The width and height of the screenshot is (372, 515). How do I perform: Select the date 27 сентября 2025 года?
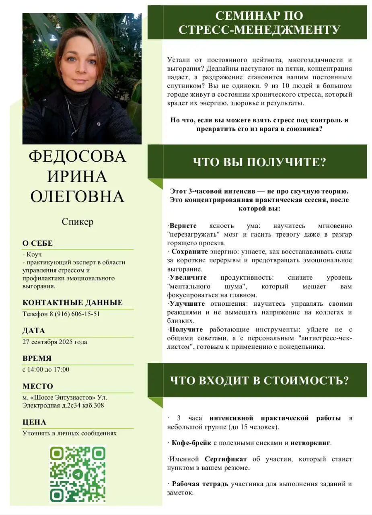(x=55, y=342)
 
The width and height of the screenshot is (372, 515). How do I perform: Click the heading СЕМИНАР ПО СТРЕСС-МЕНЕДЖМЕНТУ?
(x=259, y=23)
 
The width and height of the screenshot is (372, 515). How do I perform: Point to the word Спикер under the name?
(x=78, y=222)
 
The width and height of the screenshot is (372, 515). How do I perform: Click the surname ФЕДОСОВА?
(x=78, y=156)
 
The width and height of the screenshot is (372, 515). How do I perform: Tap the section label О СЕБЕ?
(x=38, y=243)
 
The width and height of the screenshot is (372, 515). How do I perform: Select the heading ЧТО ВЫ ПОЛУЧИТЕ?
(x=259, y=162)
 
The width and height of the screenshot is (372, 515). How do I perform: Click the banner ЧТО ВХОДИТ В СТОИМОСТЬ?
(x=259, y=380)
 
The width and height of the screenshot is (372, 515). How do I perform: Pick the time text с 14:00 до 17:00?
(x=46, y=369)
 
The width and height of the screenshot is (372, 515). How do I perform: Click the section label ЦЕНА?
(x=35, y=422)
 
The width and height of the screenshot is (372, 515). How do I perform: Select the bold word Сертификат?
(x=226, y=459)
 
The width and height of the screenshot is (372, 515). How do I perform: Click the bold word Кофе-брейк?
(x=191, y=443)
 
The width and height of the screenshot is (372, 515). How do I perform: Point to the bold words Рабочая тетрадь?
(x=200, y=484)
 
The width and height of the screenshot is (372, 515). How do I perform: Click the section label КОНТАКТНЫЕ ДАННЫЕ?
(x=73, y=303)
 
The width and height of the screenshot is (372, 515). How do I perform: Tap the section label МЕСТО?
(x=38, y=386)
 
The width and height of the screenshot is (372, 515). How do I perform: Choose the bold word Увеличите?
(x=188, y=278)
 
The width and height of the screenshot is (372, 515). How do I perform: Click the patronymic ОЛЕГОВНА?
(x=78, y=197)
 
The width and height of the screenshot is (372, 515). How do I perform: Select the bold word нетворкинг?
(x=310, y=443)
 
